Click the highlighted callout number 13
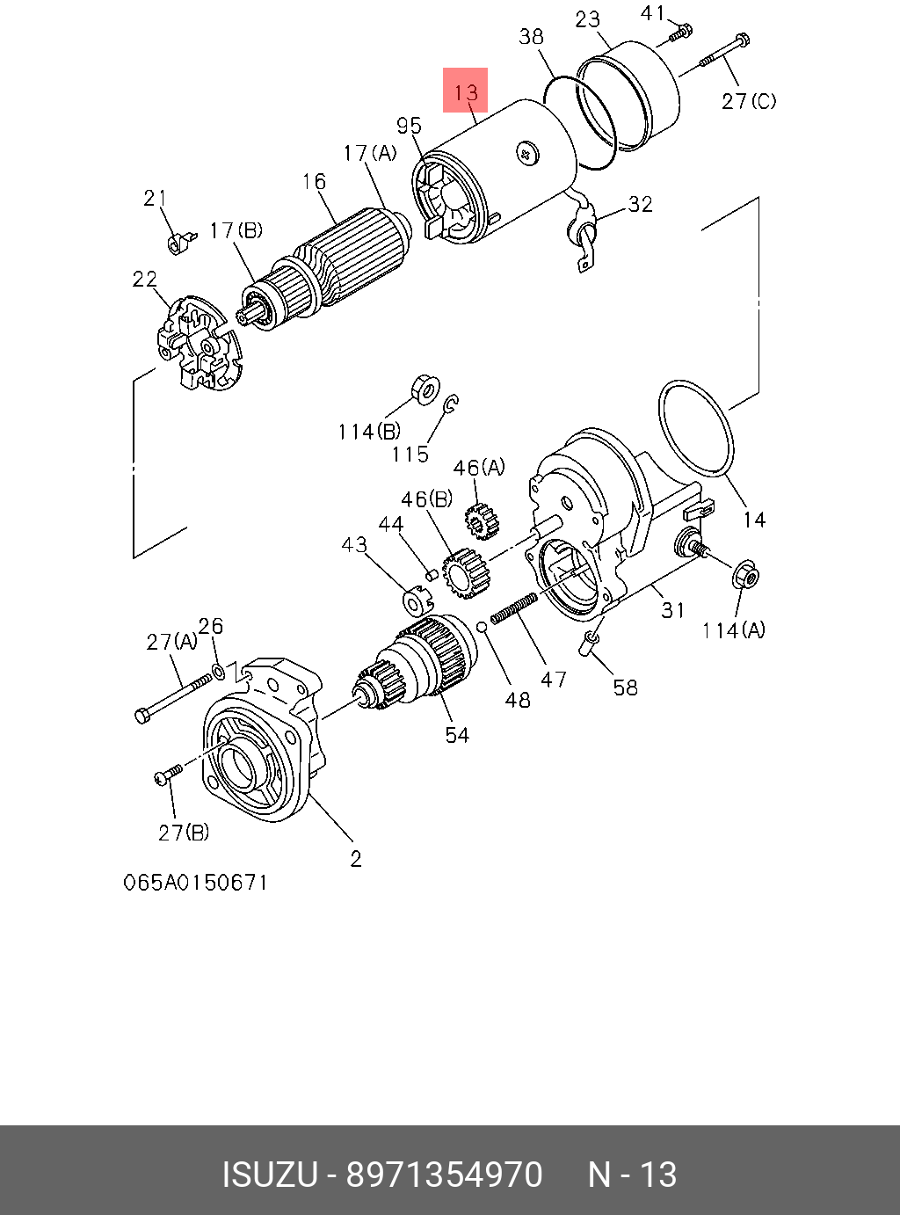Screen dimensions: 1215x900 point(465,91)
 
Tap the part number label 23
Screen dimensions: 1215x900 point(588,19)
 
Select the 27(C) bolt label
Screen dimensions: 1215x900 point(749,101)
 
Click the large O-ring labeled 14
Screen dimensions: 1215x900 point(695,428)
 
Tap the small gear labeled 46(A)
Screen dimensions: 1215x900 point(480,521)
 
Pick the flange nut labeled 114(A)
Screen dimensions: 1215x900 point(745,577)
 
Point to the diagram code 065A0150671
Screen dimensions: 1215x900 point(195,882)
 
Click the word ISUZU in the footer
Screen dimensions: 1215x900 point(268,1175)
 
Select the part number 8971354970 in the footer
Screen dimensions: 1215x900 point(444,1175)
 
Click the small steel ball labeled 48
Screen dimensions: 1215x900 point(482,626)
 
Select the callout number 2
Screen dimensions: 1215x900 point(355,859)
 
